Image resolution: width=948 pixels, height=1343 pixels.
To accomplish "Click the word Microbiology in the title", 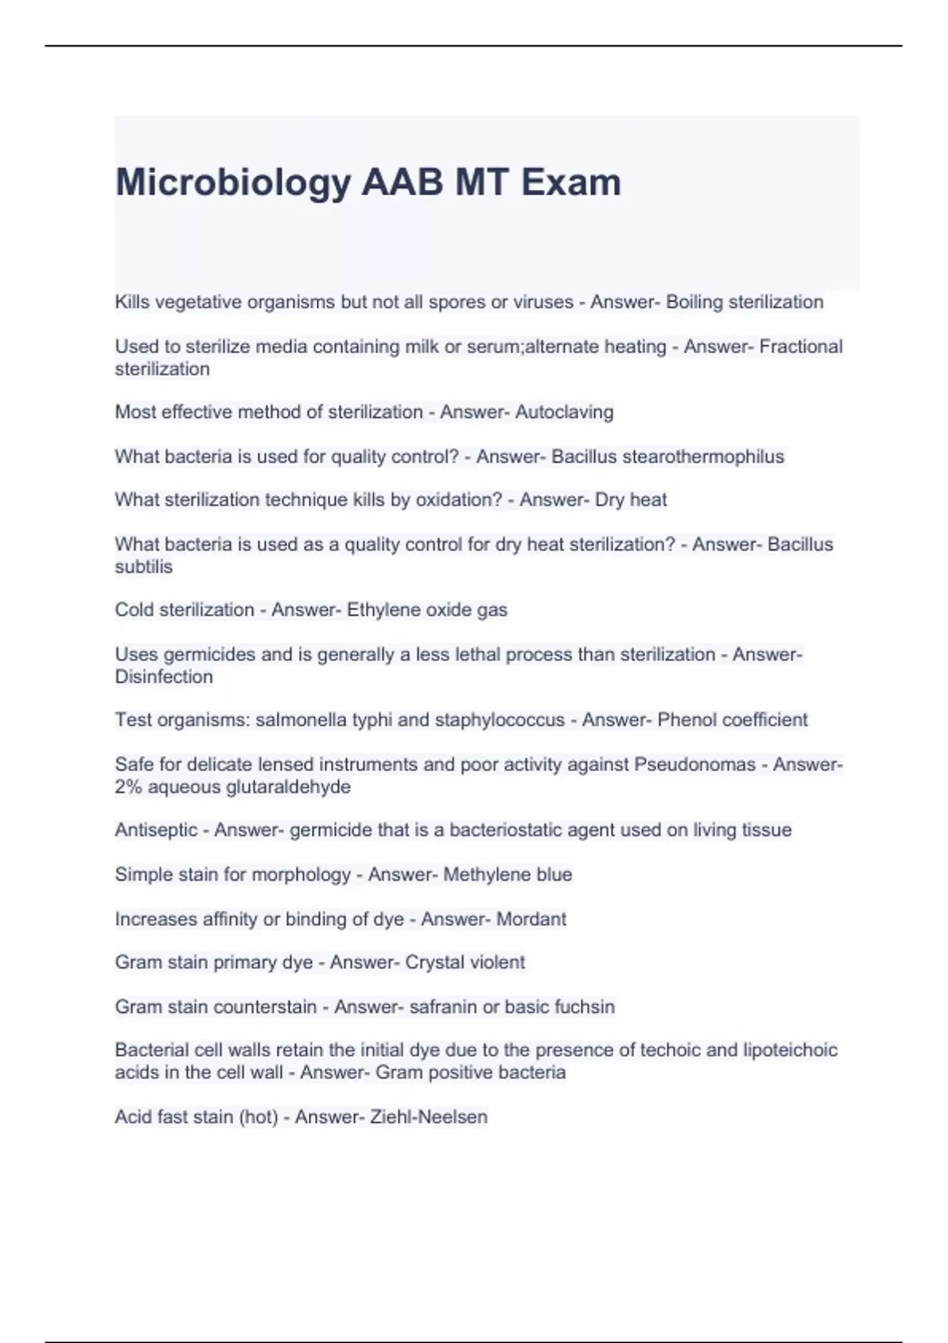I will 233,183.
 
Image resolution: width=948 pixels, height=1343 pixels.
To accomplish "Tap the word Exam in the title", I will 571,182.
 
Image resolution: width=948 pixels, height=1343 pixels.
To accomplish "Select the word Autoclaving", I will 564,412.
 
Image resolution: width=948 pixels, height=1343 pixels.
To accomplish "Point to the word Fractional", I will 801,347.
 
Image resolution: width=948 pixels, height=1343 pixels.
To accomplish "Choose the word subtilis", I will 143,566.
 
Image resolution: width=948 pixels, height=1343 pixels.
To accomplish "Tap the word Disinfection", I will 164,677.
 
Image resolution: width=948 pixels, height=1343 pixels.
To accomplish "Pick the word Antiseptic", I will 156,830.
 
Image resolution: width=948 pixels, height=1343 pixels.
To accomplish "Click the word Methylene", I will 476,875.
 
